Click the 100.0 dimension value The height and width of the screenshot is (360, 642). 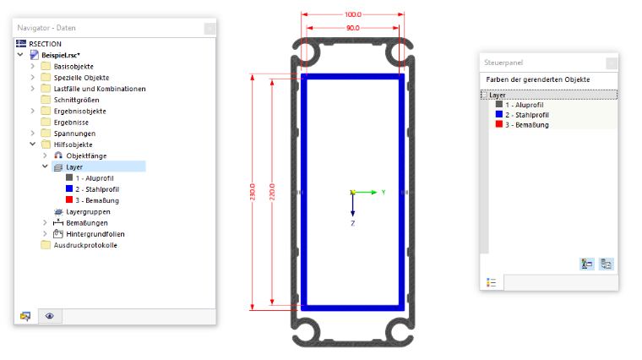click(x=352, y=14)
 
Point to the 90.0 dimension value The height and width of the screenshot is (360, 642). click(x=352, y=28)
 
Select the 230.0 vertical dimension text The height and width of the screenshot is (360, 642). click(x=253, y=192)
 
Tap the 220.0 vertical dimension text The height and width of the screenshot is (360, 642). click(x=272, y=192)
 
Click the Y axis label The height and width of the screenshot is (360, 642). click(x=384, y=192)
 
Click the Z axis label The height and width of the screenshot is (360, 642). click(x=352, y=223)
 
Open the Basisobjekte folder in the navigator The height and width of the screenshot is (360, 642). click(x=73, y=67)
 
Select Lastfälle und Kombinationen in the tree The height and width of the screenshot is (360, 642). click(x=100, y=89)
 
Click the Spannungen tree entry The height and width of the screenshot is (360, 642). click(x=74, y=134)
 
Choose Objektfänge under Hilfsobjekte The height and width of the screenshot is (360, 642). click(x=86, y=155)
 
